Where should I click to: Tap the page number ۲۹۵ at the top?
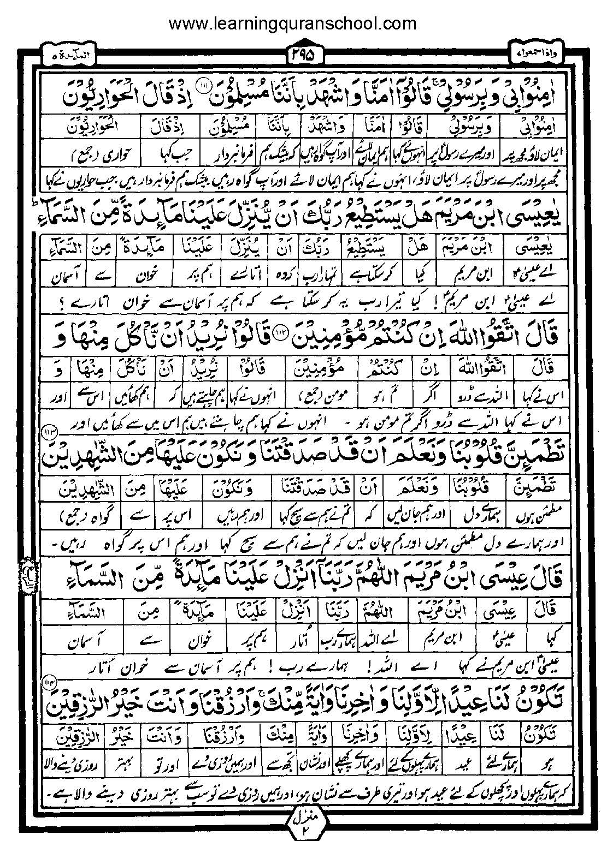coord(304,55)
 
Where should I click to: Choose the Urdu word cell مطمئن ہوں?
coord(535,515)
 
